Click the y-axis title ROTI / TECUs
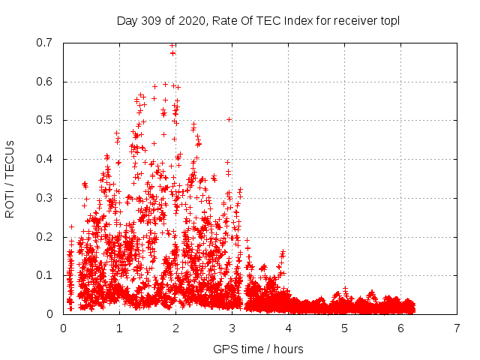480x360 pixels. [10, 178]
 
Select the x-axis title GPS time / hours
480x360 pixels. [259, 349]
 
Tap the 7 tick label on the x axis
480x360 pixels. [457, 328]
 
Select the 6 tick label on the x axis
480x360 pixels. [400, 328]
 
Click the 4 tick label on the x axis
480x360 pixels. [288, 328]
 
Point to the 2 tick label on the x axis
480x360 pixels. [175, 328]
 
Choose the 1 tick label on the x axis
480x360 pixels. [119, 328]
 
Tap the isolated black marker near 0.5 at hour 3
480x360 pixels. [229, 119]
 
